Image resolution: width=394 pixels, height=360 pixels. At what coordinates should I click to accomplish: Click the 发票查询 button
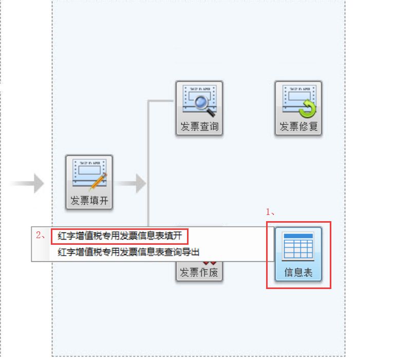coord(199,108)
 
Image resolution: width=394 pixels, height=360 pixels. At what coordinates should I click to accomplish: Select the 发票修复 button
coord(298,108)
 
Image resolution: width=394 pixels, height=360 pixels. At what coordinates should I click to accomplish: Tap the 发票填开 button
coord(89,182)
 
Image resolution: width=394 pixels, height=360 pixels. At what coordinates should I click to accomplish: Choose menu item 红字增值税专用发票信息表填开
coord(120,237)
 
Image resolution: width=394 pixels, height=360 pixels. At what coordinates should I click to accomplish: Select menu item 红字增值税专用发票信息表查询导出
coord(128,252)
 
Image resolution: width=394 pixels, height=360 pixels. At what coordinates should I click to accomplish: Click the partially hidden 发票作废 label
coord(199,272)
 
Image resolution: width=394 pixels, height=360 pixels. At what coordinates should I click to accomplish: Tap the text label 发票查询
coord(199,127)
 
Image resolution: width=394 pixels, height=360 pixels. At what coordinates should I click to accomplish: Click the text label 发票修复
coord(298,127)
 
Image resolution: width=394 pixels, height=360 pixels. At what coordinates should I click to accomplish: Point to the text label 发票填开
coord(89,201)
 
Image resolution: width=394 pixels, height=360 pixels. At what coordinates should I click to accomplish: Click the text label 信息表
coord(298,273)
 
